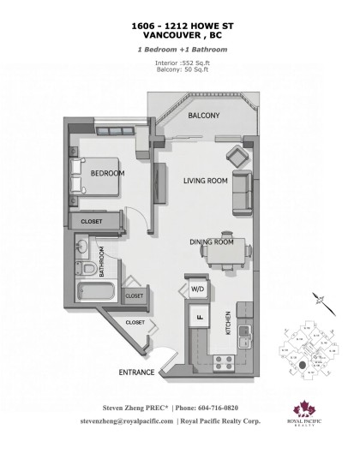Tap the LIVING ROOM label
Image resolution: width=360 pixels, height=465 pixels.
tap(205, 181)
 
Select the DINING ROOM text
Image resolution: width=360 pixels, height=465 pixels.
tap(212, 242)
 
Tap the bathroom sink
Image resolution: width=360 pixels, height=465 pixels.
tap(81, 249)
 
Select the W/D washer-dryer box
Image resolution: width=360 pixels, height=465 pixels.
tap(198, 289)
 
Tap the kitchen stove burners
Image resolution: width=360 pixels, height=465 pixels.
tap(230, 361)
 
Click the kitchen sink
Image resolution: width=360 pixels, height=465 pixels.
tap(244, 331)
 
